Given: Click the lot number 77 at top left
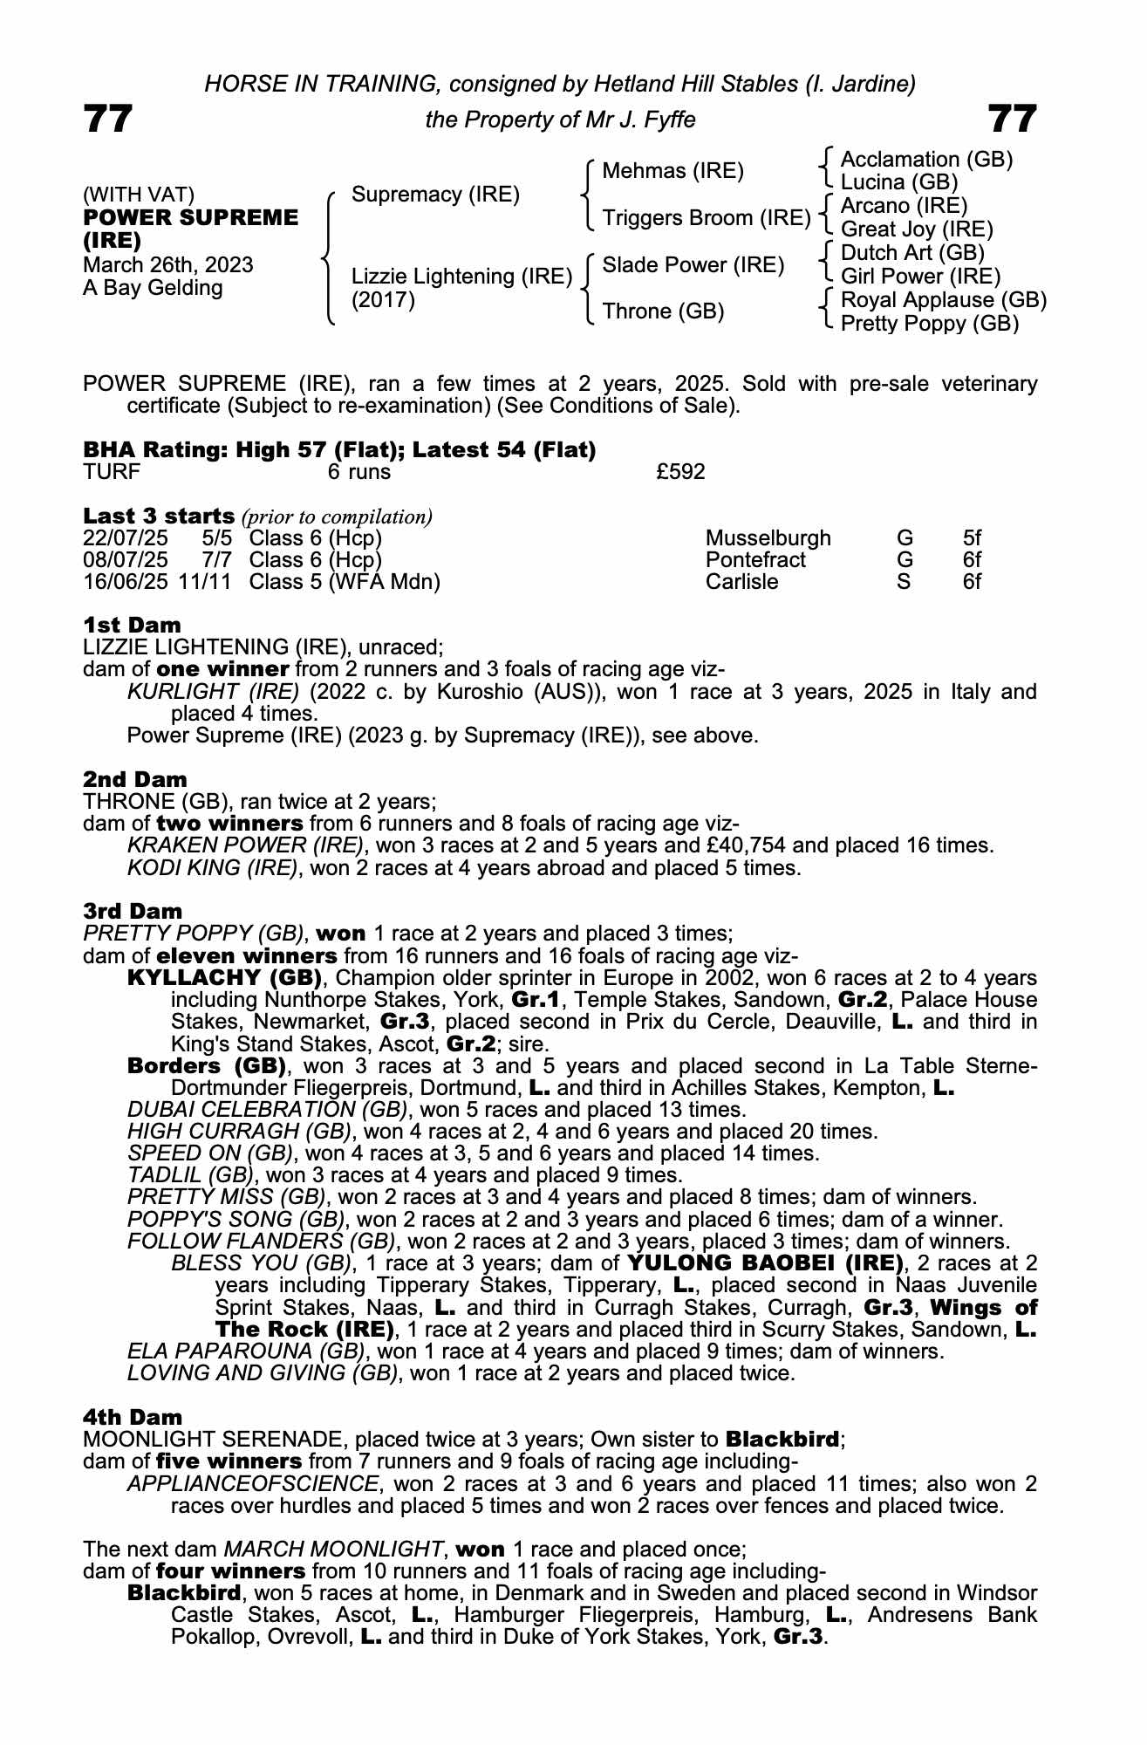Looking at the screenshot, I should point(108,119).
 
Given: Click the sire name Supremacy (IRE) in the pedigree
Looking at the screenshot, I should point(435,194).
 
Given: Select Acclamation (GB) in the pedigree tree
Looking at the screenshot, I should point(926,160).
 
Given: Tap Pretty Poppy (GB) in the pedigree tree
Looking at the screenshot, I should point(930,324).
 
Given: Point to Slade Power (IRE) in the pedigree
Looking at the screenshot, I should point(693,264).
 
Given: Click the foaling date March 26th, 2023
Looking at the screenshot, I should point(168,265).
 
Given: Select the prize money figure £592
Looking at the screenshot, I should point(680,472).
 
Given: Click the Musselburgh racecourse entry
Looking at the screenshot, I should point(768,538).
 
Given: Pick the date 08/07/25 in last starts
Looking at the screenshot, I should point(126,560).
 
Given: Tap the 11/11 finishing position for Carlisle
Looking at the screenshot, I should point(205,582).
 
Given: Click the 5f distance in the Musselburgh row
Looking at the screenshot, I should point(972,538).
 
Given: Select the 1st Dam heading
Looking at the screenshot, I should point(133,625).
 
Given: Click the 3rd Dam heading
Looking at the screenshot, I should point(133,912).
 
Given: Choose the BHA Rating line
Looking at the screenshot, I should point(339,449).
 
